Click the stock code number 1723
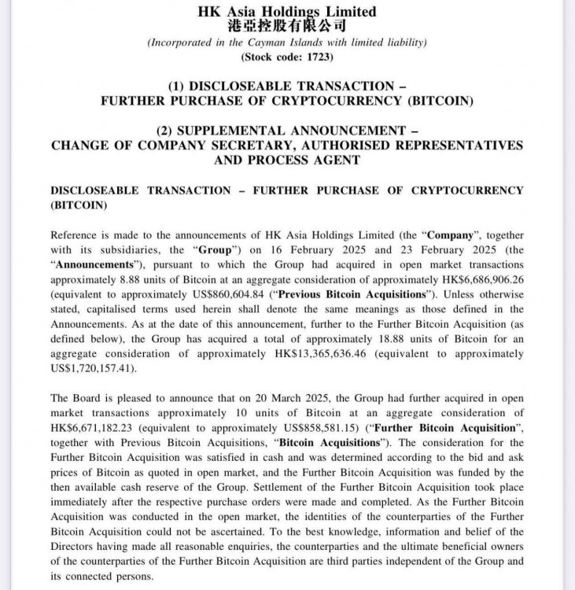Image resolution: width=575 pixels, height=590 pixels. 318,57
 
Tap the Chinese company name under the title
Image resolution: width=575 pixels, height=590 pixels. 287,26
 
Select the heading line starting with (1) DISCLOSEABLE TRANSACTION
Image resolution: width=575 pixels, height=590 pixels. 286,87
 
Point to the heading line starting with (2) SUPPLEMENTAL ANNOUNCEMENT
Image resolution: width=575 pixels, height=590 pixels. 286,131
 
